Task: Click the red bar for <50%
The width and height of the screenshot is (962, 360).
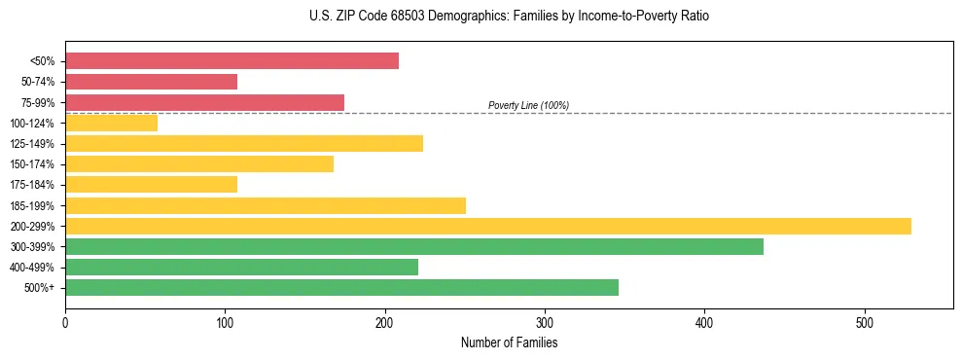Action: click(232, 61)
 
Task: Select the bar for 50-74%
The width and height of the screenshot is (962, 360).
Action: click(151, 82)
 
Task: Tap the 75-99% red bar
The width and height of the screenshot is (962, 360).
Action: click(204, 102)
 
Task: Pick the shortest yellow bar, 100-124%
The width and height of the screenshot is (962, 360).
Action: click(111, 124)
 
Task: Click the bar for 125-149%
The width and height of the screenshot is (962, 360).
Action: click(244, 144)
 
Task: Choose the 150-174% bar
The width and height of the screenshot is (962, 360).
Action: click(199, 164)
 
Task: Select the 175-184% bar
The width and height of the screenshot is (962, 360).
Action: click(151, 185)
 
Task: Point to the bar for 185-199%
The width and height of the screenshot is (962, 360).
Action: click(266, 205)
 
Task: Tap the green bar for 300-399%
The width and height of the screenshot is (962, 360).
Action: click(414, 247)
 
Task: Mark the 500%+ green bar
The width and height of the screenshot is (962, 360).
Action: click(341, 288)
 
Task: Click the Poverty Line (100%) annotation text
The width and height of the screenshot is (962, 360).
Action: click(528, 105)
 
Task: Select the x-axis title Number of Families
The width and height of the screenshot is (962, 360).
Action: click(509, 342)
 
